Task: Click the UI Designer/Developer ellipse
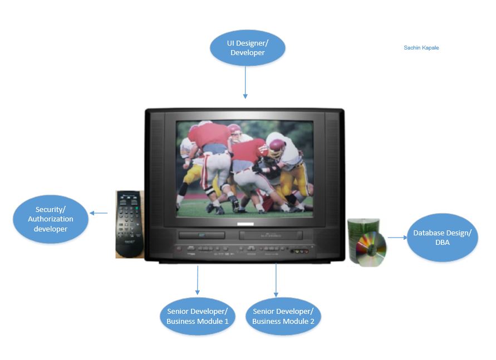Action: click(x=247, y=48)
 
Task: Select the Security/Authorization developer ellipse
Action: click(x=51, y=219)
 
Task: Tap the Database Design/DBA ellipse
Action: click(x=442, y=238)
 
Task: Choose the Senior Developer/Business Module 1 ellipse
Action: click(x=198, y=316)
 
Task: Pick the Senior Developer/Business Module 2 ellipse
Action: click(x=283, y=316)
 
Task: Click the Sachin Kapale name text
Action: click(x=421, y=48)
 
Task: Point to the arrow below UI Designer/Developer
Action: click(x=245, y=82)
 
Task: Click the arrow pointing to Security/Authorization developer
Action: click(x=99, y=213)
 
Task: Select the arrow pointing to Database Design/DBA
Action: click(x=397, y=238)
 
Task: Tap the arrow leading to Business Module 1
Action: click(x=198, y=280)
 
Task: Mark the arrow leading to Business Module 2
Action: click(x=276, y=280)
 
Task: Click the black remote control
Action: click(x=130, y=224)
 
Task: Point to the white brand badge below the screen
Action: click(x=245, y=224)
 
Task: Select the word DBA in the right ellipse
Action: click(x=442, y=243)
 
